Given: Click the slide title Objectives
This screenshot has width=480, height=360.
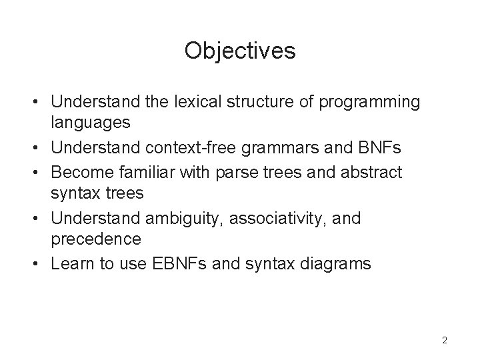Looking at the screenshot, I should (240, 51).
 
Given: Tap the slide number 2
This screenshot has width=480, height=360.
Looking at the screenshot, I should (445, 341).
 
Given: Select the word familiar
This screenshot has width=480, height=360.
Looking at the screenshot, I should (147, 172).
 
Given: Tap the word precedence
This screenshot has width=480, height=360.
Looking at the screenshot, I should (97, 238).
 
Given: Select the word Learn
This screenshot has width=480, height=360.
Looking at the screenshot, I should (72, 263).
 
